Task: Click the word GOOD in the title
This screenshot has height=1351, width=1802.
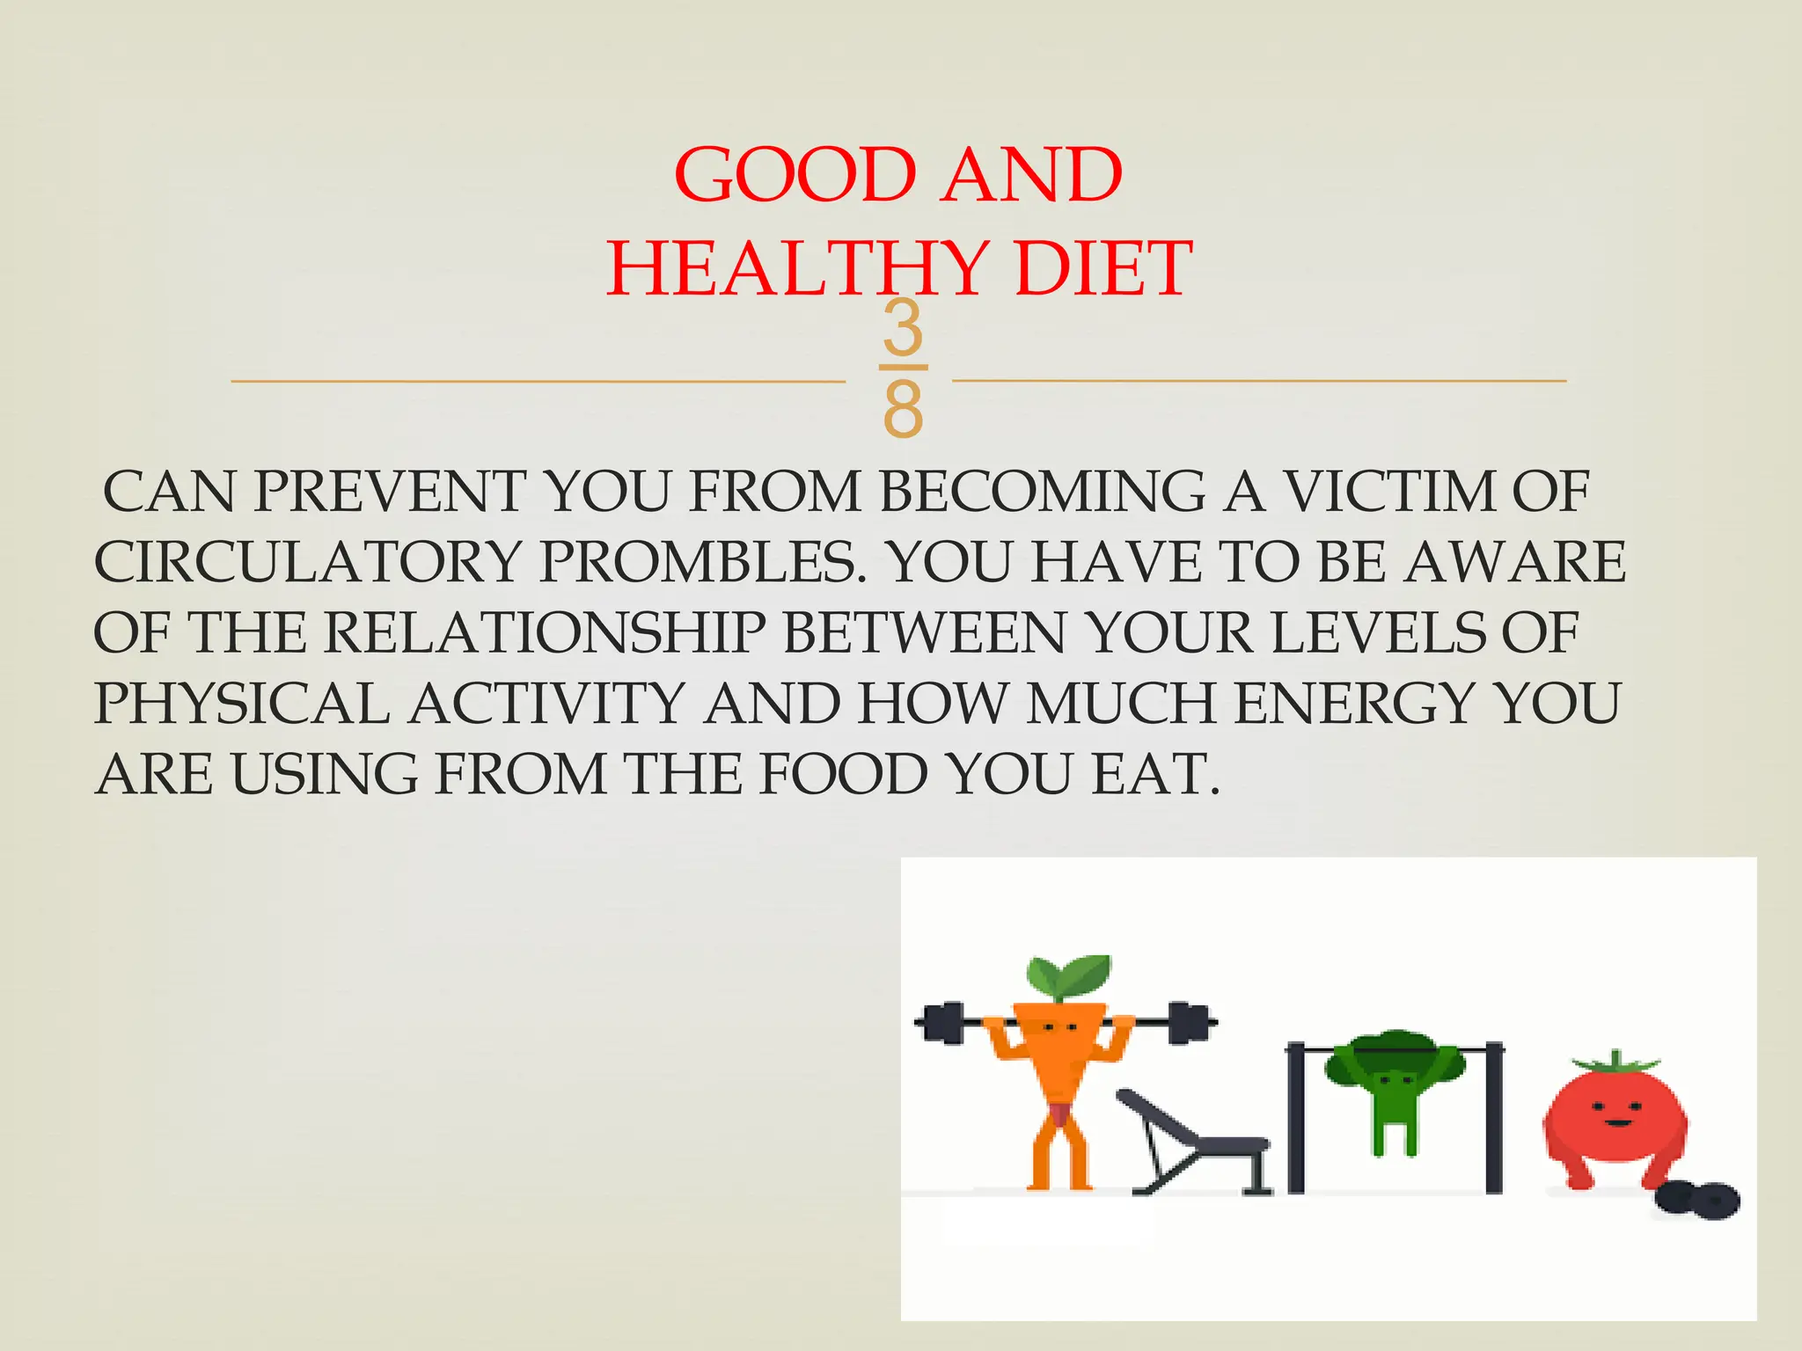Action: (x=795, y=175)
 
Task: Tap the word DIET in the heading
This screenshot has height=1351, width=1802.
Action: (x=1102, y=269)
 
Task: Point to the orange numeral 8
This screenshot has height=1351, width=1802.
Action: (x=903, y=408)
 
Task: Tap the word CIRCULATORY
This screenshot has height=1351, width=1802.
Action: (x=308, y=562)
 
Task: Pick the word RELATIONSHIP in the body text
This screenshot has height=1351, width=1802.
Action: (x=546, y=632)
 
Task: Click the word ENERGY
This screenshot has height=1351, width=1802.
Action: (x=1355, y=704)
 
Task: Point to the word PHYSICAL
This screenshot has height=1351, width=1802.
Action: (x=242, y=704)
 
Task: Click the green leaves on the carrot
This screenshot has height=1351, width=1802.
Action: (x=1067, y=975)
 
